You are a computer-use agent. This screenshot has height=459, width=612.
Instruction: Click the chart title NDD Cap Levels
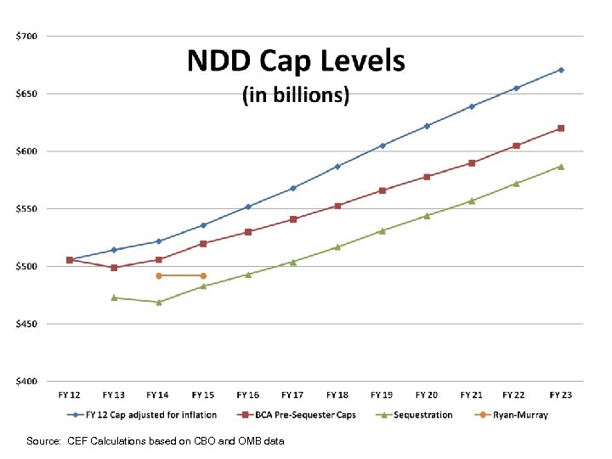(x=296, y=61)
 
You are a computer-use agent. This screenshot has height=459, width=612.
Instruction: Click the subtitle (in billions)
(x=296, y=95)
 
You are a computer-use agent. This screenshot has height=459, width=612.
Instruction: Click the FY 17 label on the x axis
(x=292, y=395)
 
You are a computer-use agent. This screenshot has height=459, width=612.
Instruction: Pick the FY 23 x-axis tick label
(x=561, y=395)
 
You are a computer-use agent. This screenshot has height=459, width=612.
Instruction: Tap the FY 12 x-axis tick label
(x=69, y=395)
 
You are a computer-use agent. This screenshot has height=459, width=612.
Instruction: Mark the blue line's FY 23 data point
(x=561, y=70)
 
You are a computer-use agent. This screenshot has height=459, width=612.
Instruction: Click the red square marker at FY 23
(x=561, y=128)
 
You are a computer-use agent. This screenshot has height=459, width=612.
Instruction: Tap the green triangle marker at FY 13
(x=114, y=297)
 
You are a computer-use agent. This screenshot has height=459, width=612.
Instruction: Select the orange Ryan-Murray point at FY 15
(x=203, y=275)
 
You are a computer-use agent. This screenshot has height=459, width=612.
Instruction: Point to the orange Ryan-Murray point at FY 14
(x=159, y=275)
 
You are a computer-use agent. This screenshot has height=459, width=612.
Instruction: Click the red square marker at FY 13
(x=114, y=268)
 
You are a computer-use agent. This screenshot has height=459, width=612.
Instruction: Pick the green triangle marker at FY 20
(x=427, y=216)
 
